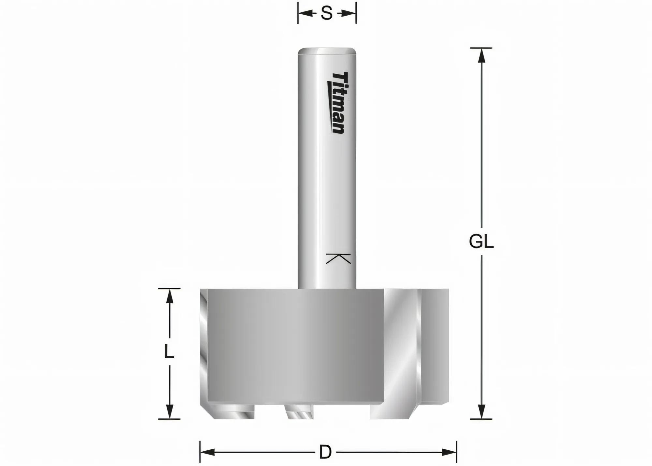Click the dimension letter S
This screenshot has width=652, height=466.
click(x=326, y=14)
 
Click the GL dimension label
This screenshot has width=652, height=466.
click(x=481, y=242)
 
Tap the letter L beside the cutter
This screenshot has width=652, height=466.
click(x=169, y=352)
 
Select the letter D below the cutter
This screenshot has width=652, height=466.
click(x=325, y=452)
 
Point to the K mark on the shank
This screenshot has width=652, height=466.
click(x=338, y=258)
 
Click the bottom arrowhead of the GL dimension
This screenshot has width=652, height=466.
click(x=482, y=412)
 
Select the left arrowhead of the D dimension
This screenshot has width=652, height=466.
click(x=207, y=452)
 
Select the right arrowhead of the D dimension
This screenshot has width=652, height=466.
click(x=449, y=452)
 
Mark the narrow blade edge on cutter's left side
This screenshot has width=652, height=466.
click(x=203, y=346)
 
